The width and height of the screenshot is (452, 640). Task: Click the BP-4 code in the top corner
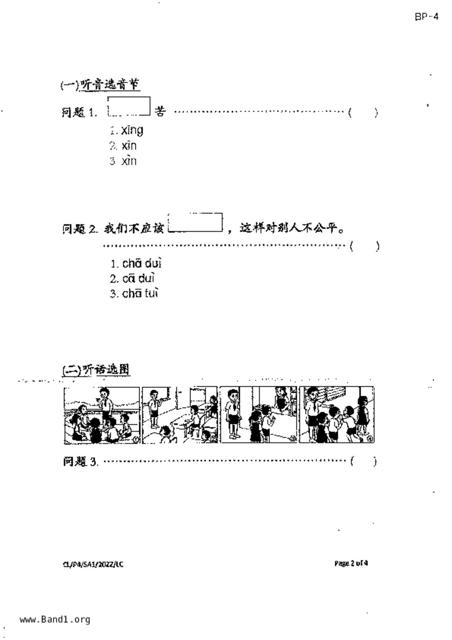click(x=426, y=17)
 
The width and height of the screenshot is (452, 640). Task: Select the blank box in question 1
click(x=129, y=106)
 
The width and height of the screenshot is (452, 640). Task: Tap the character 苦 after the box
click(x=160, y=111)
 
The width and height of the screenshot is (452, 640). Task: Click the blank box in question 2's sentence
click(x=195, y=223)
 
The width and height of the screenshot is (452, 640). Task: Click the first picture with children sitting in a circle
click(x=102, y=415)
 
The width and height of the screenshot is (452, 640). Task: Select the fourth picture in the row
click(x=337, y=415)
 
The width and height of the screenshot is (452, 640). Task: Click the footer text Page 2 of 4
click(x=351, y=563)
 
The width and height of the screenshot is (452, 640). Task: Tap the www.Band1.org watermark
click(x=55, y=620)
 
